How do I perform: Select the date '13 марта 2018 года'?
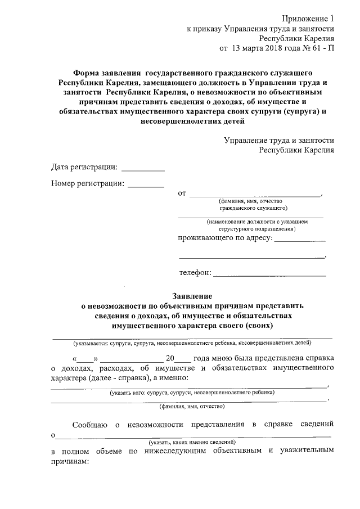pos(265,48)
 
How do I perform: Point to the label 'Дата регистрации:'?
pos(84,167)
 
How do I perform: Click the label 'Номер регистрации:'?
pos(87,183)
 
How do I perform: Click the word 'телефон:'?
pos(195,273)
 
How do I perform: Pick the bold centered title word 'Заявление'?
pos(192,296)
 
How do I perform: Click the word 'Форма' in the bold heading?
pos(86,73)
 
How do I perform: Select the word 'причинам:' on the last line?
pos(70,461)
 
